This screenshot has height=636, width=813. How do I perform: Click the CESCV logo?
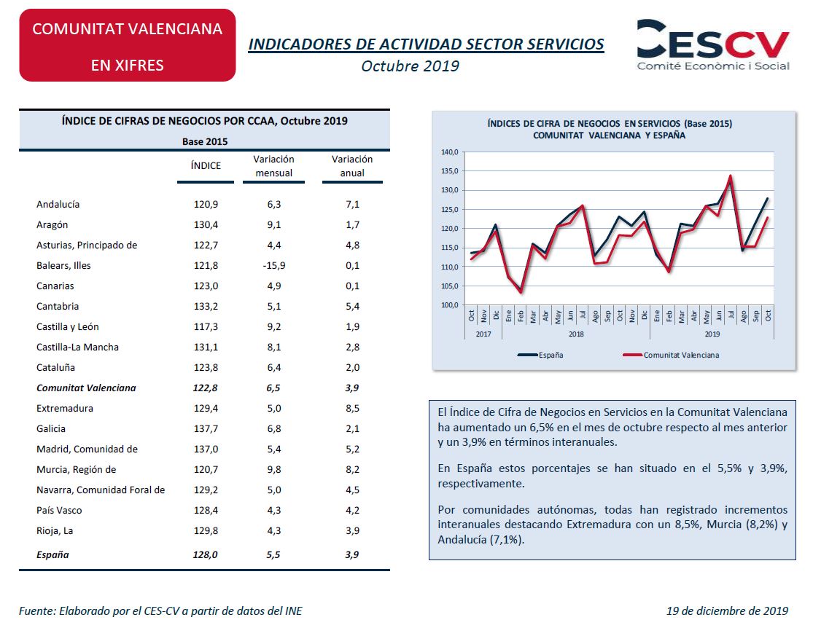[713, 45]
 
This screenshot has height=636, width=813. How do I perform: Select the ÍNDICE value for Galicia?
[206, 429]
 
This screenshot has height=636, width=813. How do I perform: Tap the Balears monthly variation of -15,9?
[273, 266]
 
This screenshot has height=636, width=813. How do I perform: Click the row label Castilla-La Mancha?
[77, 347]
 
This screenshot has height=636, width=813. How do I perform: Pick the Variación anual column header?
[352, 165]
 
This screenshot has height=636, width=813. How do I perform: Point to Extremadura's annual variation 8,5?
[353, 408]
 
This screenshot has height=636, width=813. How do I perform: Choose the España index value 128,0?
[206, 554]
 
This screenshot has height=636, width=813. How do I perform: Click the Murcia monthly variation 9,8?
[273, 470]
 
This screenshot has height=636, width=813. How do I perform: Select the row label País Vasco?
[59, 510]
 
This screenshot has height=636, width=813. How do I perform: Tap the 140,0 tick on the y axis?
[450, 152]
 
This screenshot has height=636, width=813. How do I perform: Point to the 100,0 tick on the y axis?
[450, 305]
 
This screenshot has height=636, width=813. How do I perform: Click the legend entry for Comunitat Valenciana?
[671, 355]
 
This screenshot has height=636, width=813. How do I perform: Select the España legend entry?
[540, 355]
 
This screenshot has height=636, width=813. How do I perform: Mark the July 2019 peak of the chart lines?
[731, 176]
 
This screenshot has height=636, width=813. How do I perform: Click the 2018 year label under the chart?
[576, 334]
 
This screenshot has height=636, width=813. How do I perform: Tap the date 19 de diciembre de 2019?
[727, 611]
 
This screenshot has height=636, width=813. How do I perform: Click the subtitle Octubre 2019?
[410, 66]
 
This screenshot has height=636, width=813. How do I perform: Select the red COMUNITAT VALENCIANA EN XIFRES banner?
[128, 45]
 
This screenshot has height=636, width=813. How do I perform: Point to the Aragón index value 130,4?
[206, 225]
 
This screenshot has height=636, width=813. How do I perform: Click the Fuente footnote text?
[160, 611]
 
